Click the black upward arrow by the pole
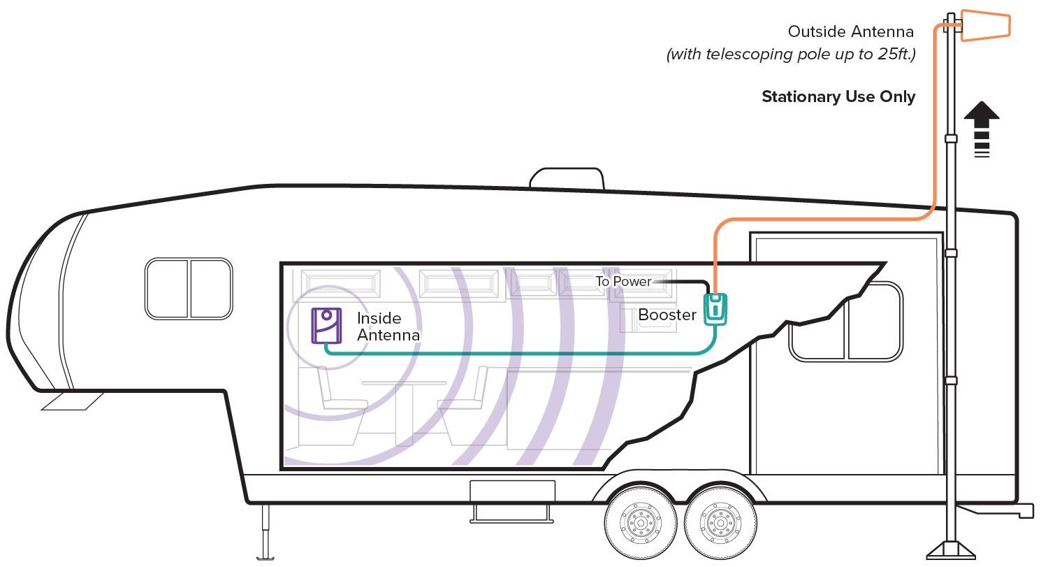click(x=982, y=129)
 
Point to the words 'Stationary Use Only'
click(x=838, y=97)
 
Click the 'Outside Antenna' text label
click(x=850, y=31)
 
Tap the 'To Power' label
click(x=623, y=281)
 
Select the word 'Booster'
click(x=667, y=315)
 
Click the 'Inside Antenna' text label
click(x=388, y=326)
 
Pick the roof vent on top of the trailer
click(x=567, y=178)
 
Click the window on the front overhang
click(x=189, y=288)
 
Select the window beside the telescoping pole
click(x=845, y=321)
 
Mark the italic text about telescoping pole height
click(x=790, y=55)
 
